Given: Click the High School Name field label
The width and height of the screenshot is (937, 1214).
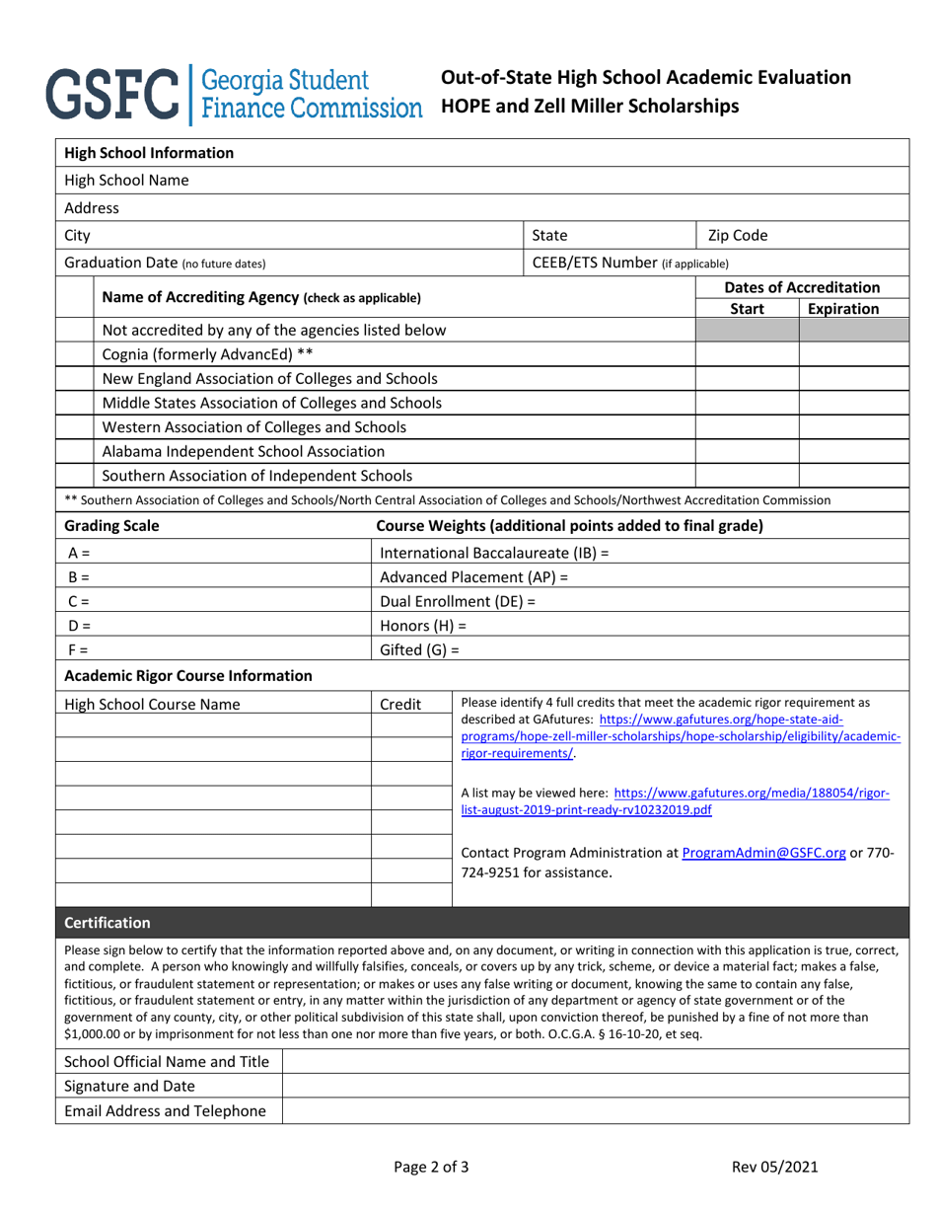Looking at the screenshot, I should click(x=127, y=181).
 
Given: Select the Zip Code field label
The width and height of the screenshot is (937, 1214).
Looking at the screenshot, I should click(x=738, y=236).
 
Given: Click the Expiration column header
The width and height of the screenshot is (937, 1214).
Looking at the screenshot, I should click(x=843, y=309).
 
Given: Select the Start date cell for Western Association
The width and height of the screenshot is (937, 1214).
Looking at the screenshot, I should click(x=747, y=427).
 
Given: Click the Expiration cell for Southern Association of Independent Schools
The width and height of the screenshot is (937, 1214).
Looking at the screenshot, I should click(x=853, y=476).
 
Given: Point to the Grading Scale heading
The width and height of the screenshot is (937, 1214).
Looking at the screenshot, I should click(x=111, y=526).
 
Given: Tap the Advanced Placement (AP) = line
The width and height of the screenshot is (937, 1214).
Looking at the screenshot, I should click(x=474, y=577).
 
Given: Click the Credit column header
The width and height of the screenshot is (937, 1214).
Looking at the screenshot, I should click(x=400, y=705).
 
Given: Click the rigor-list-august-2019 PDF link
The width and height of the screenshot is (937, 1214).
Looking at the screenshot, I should click(x=676, y=800).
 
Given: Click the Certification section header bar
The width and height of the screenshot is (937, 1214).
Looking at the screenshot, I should click(x=481, y=923).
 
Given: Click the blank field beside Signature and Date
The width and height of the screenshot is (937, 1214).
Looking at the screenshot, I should click(x=595, y=1087).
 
